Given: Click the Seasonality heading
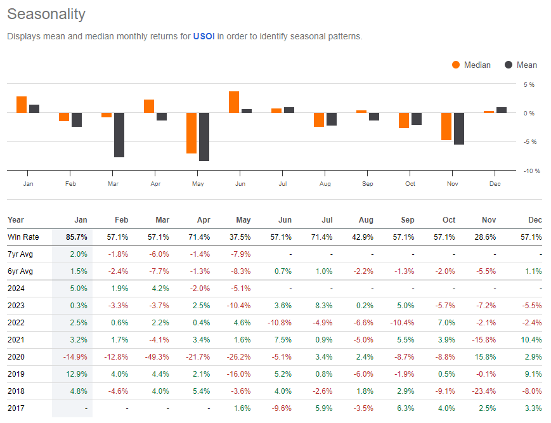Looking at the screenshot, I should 46,14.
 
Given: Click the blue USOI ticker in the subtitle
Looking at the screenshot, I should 204,36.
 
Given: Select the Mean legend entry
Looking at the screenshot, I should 521,65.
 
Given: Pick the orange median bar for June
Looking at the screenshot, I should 234,102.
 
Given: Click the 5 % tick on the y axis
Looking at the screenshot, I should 528,84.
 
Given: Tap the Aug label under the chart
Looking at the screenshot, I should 325,184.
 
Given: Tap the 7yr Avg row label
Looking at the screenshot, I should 20,254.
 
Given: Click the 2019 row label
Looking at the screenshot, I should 16,374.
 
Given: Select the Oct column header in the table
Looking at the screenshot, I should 449,220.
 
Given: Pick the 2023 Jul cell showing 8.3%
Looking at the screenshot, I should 323,306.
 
